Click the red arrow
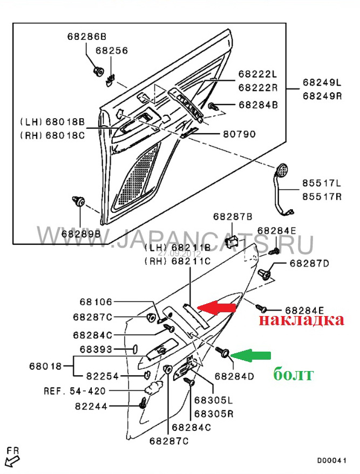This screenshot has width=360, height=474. click(x=218, y=308)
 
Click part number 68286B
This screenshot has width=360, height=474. click(x=87, y=37)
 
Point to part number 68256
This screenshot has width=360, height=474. click(x=112, y=51)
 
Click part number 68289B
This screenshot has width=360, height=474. click(x=80, y=233)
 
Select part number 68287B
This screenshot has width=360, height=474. click(x=233, y=217)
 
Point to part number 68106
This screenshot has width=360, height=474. click(x=97, y=304)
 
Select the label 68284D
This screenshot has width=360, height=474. click(x=234, y=375)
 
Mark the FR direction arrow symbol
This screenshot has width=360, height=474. click(x=12, y=459)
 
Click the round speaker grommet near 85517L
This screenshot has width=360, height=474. click(x=281, y=171)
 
